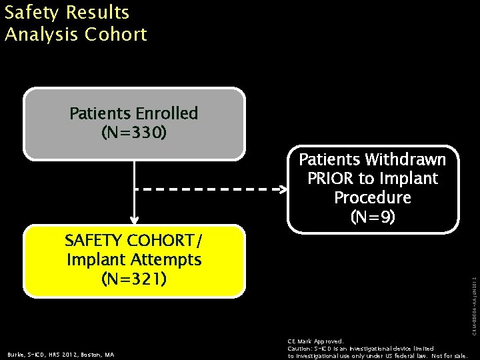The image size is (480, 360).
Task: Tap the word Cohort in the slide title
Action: [x=116, y=35]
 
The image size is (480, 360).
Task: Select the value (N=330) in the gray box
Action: [x=134, y=133]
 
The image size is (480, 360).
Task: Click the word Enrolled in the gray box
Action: [x=167, y=113]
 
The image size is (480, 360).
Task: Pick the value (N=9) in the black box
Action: [x=373, y=217]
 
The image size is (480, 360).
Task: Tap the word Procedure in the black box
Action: [x=373, y=198]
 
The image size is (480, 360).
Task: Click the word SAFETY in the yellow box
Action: [x=93, y=240]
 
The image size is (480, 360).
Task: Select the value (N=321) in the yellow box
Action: [x=134, y=278]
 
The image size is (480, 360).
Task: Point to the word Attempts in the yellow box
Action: [x=167, y=259]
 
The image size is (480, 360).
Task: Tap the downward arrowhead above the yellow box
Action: [x=134, y=218]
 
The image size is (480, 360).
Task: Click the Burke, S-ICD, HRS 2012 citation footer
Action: [x=61, y=355]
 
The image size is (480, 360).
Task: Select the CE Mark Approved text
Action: [x=315, y=341]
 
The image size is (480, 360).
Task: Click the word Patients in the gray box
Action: [x=100, y=113]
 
